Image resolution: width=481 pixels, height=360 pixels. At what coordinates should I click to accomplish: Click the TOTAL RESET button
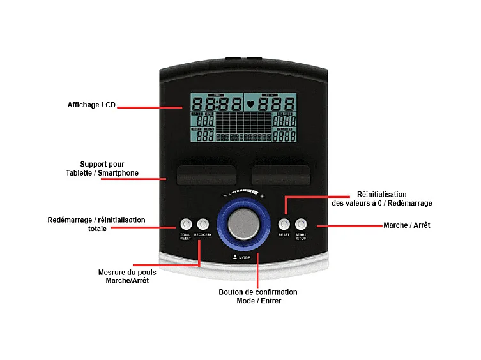tap(186, 224)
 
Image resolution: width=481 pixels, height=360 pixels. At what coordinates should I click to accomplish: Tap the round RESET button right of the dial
tap(284, 224)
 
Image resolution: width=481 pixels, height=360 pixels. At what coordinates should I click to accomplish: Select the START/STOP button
tap(301, 224)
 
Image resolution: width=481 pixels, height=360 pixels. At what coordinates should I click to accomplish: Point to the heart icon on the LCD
tap(250, 103)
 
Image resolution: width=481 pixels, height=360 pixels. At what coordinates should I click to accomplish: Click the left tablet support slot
tap(206, 174)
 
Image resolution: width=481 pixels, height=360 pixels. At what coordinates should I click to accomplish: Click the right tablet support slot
tap(280, 174)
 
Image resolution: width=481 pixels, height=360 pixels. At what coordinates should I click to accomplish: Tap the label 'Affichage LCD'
tap(91, 105)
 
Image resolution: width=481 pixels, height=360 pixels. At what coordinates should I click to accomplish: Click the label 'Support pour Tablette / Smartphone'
tap(102, 169)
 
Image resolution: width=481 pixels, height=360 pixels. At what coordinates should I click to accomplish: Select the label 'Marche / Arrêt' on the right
tap(406, 225)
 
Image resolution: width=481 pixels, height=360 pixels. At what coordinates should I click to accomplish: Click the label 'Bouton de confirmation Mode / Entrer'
tap(258, 296)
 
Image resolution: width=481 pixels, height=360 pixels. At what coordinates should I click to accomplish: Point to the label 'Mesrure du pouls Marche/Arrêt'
tap(127, 276)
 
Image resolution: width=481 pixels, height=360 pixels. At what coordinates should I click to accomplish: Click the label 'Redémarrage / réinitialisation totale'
tap(96, 224)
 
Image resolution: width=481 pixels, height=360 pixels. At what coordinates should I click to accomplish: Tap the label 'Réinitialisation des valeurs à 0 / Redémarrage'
tap(382, 199)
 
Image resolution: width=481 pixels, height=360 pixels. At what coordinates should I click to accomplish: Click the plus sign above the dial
tap(262, 195)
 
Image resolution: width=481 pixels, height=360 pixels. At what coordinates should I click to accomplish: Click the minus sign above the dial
tap(225, 195)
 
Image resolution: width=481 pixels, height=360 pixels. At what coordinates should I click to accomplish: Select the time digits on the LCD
tap(217, 103)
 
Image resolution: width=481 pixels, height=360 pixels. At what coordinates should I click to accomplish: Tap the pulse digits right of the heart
tap(276, 103)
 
